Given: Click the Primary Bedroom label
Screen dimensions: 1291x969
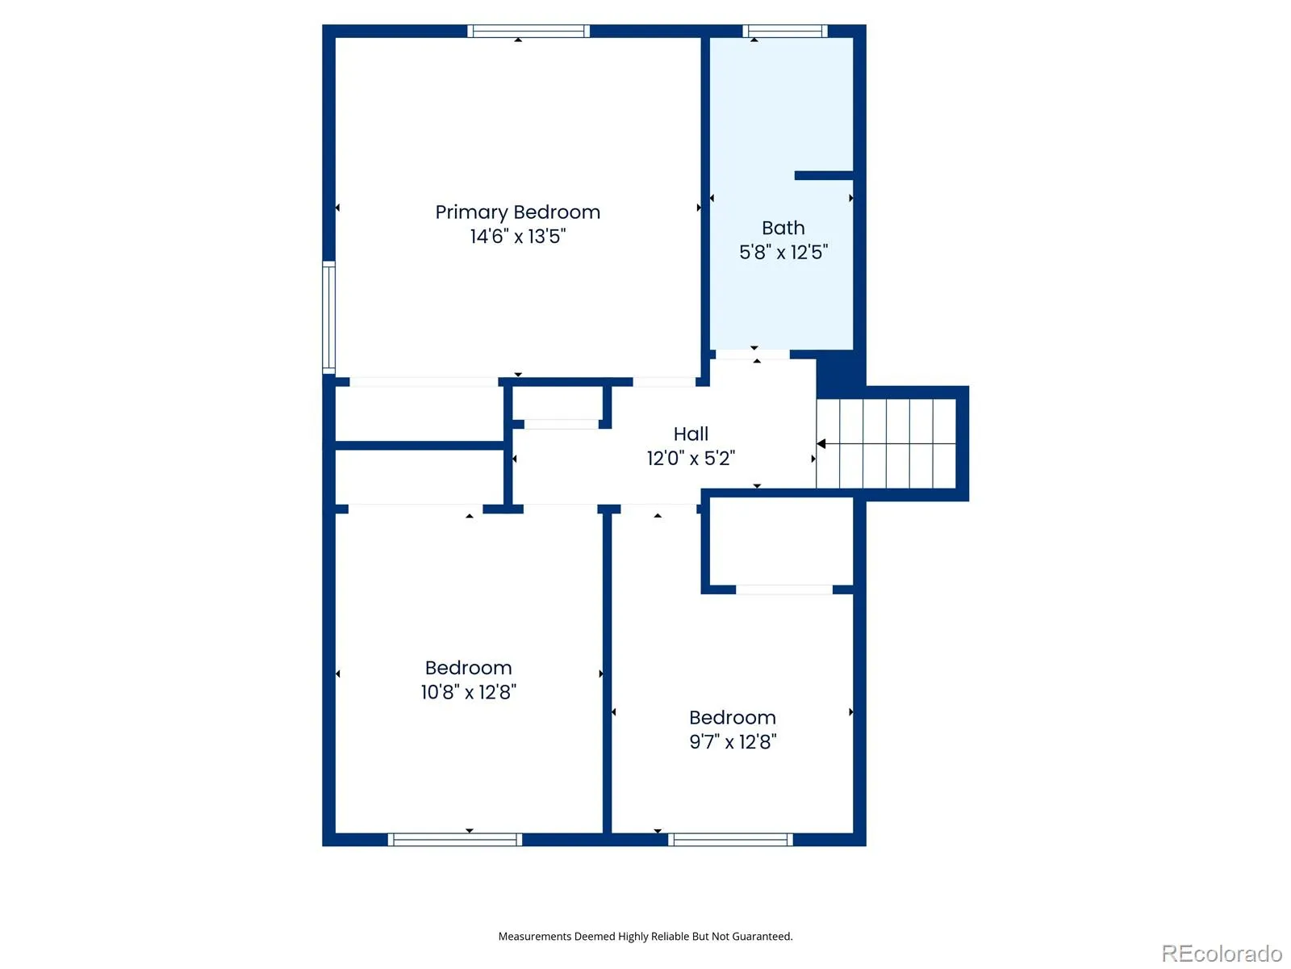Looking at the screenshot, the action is click(517, 212).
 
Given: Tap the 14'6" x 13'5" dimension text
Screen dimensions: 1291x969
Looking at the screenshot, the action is click(517, 236).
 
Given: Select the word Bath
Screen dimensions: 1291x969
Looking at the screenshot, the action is click(783, 228).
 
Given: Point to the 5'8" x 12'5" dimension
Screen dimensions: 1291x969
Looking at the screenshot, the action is click(783, 253).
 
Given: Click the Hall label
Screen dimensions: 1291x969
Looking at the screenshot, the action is click(691, 434).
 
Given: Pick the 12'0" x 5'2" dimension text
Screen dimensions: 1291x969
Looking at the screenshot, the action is click(691, 458).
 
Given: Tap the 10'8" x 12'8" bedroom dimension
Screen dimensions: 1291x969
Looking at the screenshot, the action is click(468, 692).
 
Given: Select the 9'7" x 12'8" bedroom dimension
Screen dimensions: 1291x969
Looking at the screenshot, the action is click(733, 741).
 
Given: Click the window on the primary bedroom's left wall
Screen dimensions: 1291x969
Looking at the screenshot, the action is click(328, 317).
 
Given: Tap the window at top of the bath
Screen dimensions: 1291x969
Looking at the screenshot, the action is click(784, 31).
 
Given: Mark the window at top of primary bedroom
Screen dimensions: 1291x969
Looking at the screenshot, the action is click(529, 31).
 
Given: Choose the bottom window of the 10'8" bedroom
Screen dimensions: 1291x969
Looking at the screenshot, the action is click(454, 840).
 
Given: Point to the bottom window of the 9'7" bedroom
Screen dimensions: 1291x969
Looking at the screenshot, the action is click(730, 840).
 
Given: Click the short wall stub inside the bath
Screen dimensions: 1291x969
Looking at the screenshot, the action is click(824, 175).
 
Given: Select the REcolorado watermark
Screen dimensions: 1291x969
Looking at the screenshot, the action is click(1221, 953).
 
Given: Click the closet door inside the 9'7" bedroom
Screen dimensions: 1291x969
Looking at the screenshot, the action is click(783, 589).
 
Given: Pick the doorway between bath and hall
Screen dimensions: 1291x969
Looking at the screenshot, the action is click(752, 354).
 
